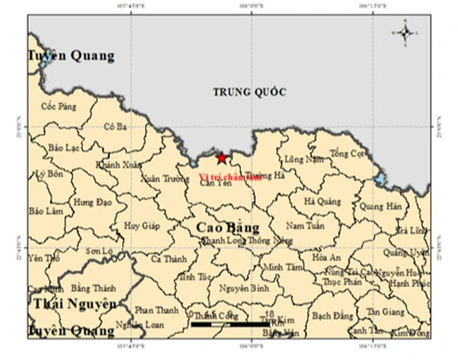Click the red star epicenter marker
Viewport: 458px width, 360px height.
222,158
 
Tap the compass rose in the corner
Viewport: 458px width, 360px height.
405,31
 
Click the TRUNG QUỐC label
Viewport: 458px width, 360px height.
250,92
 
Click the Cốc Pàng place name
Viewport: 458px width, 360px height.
59,107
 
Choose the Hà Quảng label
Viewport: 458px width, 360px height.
321,203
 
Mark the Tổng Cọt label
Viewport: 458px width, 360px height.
348,154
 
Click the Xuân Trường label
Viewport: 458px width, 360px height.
161,180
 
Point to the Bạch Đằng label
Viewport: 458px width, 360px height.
333,315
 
